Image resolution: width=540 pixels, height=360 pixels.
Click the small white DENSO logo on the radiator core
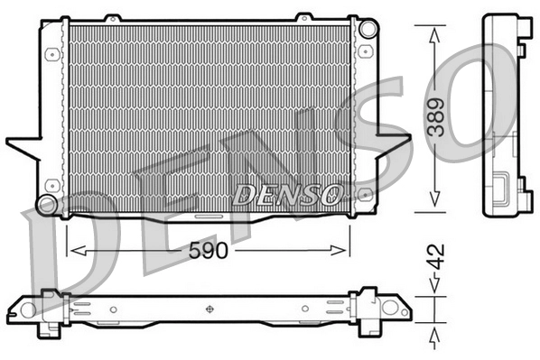[288, 193]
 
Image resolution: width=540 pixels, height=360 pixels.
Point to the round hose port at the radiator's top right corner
[367, 29]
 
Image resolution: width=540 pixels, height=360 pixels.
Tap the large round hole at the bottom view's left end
[48, 309]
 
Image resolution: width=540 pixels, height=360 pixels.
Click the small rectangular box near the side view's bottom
[498, 190]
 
